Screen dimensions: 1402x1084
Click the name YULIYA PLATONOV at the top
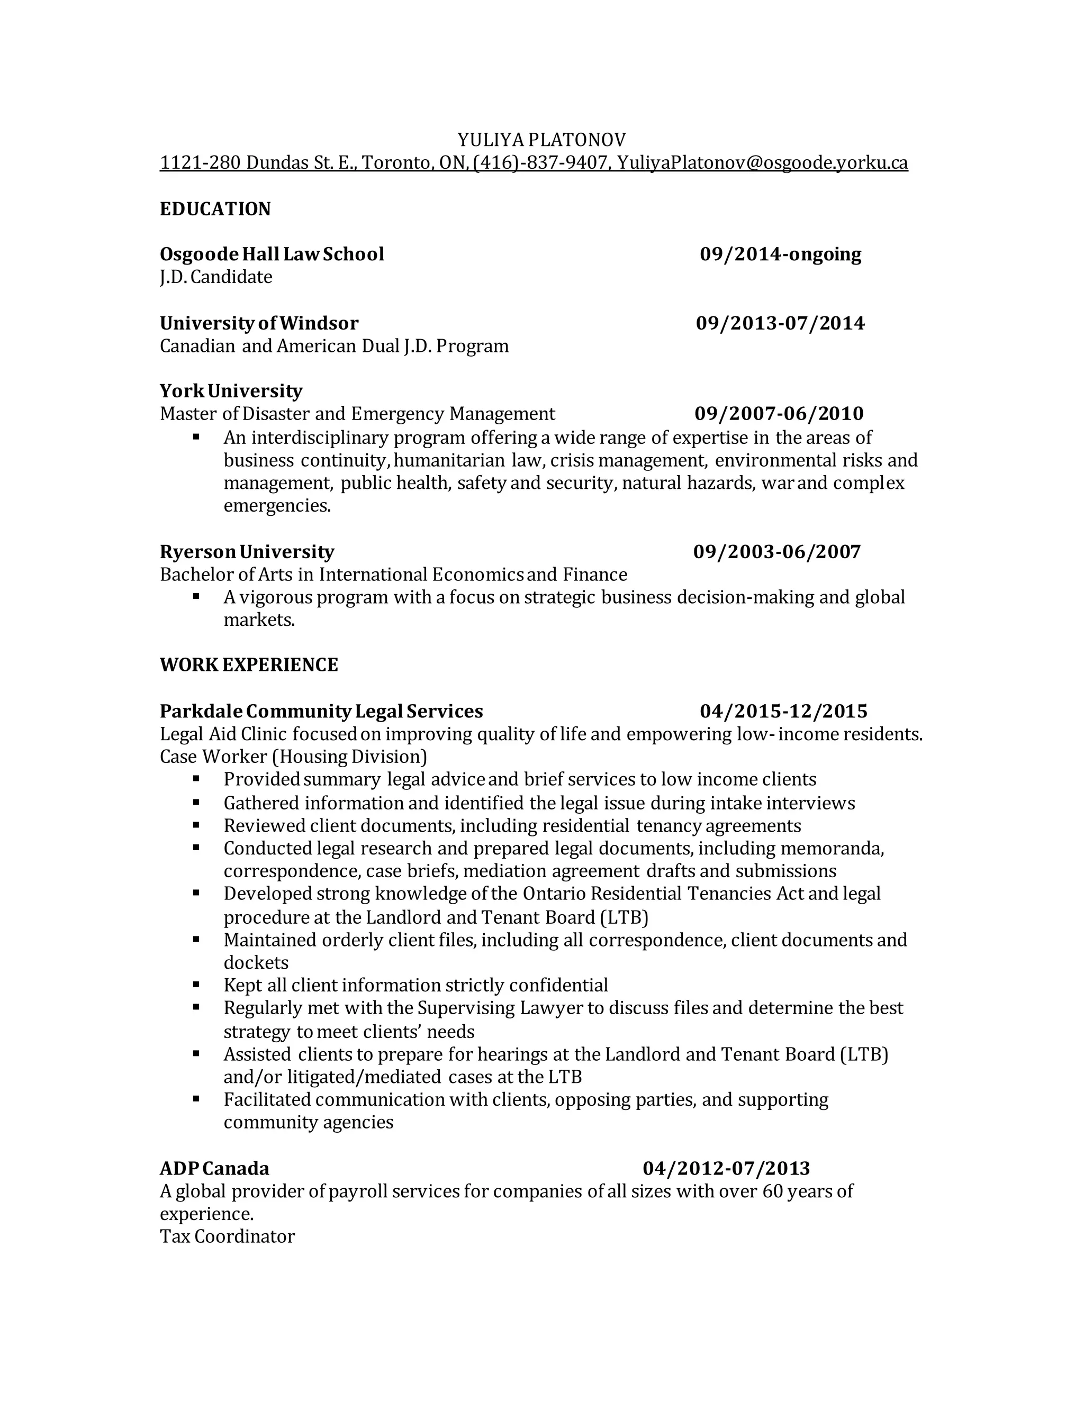(x=541, y=139)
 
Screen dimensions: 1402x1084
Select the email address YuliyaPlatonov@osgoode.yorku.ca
(x=762, y=162)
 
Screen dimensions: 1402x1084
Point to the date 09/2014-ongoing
(x=780, y=253)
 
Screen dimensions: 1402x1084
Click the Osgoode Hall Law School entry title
(x=272, y=253)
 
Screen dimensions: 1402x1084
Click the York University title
(x=231, y=390)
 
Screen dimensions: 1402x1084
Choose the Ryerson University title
(x=247, y=551)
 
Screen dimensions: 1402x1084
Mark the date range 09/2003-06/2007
(x=777, y=551)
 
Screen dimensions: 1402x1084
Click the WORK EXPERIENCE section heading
(x=249, y=664)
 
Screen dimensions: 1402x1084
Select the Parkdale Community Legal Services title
(x=321, y=711)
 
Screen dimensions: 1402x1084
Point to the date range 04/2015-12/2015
(x=783, y=711)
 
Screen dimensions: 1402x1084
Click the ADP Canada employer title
(x=214, y=1168)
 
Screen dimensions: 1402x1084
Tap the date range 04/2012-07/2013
(x=726, y=1168)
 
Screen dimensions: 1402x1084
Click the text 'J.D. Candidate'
(x=216, y=277)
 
